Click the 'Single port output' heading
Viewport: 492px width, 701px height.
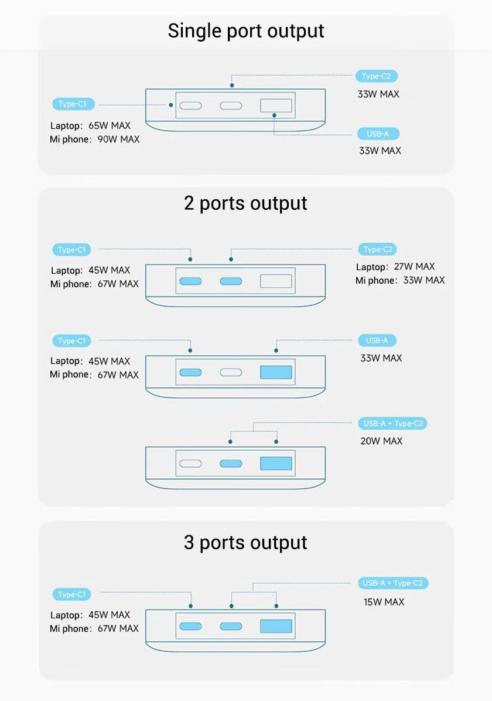point(246,30)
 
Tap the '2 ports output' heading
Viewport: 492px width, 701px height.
point(246,203)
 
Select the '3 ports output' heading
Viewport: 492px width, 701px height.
point(246,542)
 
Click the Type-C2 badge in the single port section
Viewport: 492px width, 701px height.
point(377,76)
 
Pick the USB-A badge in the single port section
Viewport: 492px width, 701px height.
point(378,134)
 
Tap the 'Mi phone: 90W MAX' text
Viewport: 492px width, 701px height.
point(94,139)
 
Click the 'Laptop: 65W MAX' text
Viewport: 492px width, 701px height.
point(90,125)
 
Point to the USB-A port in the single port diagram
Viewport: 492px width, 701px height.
point(276,106)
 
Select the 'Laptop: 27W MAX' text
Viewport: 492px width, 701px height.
point(395,267)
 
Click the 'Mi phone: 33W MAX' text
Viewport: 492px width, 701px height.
point(400,280)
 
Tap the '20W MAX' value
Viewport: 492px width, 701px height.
point(381,441)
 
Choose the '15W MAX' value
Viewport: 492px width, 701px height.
point(383,602)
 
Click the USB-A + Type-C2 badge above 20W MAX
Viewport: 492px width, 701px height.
point(392,423)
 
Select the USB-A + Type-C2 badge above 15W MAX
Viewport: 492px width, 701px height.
point(392,583)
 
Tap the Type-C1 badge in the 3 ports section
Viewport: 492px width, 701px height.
point(73,594)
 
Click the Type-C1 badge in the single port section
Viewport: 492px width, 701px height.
point(73,104)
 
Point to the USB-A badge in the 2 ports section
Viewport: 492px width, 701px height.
point(377,341)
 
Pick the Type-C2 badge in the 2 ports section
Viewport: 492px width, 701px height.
point(378,250)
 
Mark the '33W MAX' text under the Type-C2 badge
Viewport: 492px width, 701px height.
point(378,94)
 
